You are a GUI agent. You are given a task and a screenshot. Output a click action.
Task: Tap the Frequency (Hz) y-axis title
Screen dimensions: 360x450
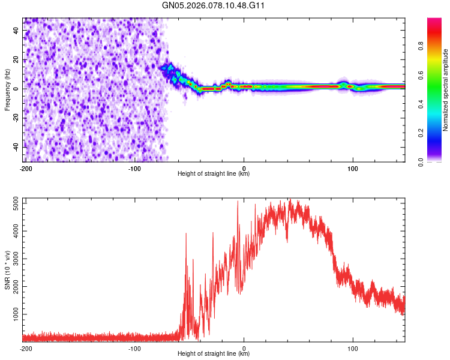(x=7, y=90)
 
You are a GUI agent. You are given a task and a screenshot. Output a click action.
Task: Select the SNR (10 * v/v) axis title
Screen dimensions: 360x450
(x=7, y=270)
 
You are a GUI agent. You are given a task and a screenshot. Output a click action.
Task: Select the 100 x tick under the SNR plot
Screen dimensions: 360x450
(x=353, y=348)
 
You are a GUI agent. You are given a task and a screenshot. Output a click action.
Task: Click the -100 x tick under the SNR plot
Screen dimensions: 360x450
(x=134, y=348)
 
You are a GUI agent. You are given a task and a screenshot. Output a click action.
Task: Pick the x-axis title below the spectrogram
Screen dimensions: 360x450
(x=214, y=174)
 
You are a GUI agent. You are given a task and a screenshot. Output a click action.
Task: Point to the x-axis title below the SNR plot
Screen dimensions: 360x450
(x=214, y=354)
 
